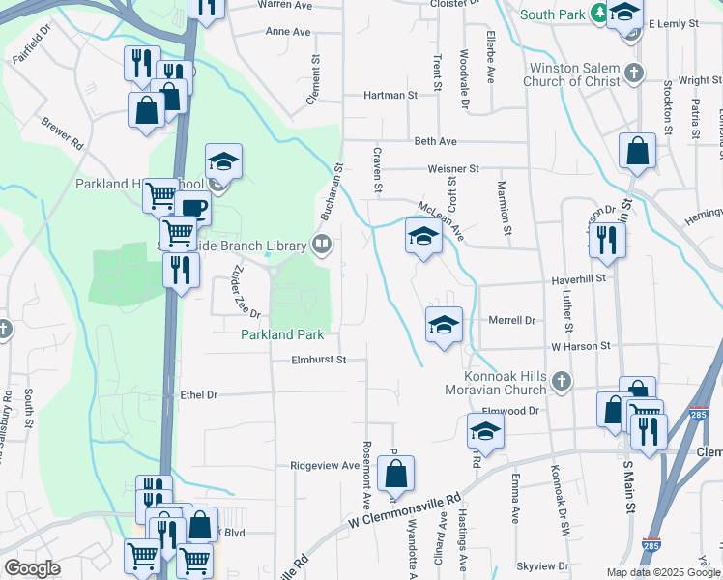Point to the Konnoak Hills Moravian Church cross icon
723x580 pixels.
pyautogui.click(x=561, y=382)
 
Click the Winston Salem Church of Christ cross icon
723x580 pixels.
pyautogui.click(x=633, y=73)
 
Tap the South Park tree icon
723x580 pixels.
pyautogui.click(x=599, y=14)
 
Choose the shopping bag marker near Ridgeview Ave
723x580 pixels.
pyautogui.click(x=395, y=473)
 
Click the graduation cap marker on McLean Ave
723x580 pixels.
pyautogui.click(x=422, y=237)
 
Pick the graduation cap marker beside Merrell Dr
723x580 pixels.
pyautogui.click(x=444, y=325)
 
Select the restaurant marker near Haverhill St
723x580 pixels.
pyautogui.click(x=606, y=239)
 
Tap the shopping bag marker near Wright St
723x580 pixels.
pyautogui.click(x=638, y=151)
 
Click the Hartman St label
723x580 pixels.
pyautogui.click(x=390, y=96)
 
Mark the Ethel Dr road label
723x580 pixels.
pyautogui.click(x=199, y=394)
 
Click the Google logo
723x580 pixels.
pyautogui.click(x=33, y=568)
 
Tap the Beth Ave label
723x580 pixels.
pyautogui.click(x=435, y=141)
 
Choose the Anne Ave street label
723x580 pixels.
pyautogui.click(x=287, y=32)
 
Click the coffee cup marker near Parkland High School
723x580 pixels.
pyautogui.click(x=192, y=208)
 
